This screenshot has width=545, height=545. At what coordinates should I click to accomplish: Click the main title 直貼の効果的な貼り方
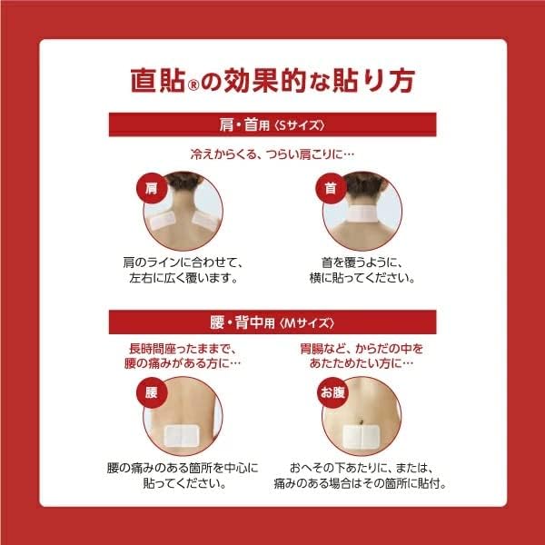[x=272, y=79]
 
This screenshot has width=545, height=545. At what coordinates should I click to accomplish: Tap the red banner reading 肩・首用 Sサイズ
[x=272, y=124]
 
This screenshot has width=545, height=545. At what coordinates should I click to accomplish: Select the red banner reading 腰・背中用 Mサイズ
[x=272, y=322]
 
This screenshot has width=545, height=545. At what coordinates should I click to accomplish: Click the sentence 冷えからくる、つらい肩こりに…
[x=272, y=154]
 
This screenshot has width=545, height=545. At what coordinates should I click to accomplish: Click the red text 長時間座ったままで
[x=181, y=348]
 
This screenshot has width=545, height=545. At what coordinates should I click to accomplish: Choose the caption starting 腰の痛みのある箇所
[x=182, y=468]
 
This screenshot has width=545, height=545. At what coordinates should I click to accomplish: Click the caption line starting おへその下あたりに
[x=362, y=468]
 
